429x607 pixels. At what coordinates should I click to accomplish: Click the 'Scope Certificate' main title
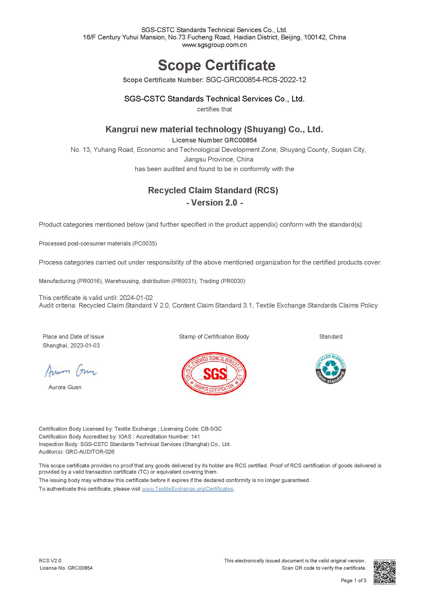point(217,65)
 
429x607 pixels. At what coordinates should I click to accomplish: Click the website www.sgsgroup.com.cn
point(214,45)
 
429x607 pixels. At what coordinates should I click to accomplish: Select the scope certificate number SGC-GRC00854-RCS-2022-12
point(256,80)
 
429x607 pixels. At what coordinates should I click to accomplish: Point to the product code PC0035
point(144,243)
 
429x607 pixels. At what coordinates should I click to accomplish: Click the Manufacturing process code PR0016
point(89,281)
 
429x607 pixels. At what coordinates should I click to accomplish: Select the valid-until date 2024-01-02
point(136,298)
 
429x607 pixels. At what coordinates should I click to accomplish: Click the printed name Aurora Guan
point(65,387)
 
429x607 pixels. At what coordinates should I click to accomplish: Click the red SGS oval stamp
point(214,373)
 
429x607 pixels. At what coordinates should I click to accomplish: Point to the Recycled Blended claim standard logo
point(330,369)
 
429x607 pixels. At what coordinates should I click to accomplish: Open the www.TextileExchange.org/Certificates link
point(187,489)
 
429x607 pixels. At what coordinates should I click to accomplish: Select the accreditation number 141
point(195,436)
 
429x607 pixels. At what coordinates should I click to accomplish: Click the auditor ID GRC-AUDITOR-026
point(90,452)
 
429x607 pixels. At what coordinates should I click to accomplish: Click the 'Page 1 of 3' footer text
point(353,581)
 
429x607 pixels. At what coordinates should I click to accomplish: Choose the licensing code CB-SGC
point(211,429)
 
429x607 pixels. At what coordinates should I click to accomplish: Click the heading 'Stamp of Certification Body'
point(214,336)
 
